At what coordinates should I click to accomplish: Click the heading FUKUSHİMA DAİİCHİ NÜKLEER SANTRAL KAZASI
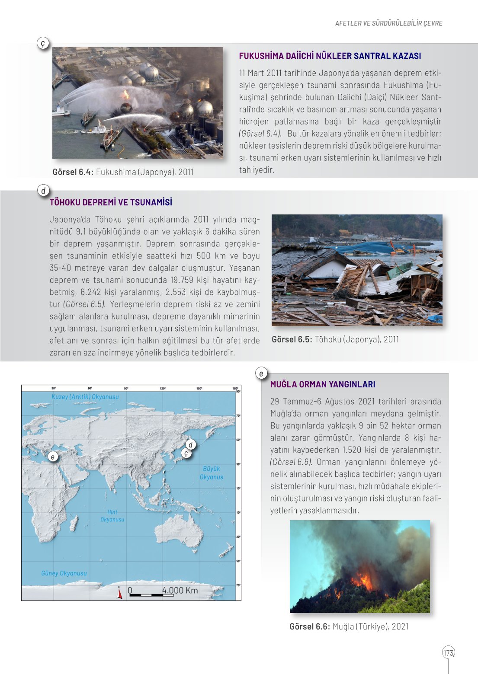click(330, 56)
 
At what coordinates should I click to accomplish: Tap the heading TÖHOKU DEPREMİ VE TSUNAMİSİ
click(111, 202)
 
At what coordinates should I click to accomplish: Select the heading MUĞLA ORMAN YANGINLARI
click(323, 384)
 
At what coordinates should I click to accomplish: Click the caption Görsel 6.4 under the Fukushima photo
click(123, 172)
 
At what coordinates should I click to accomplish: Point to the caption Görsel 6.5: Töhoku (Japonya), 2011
click(335, 339)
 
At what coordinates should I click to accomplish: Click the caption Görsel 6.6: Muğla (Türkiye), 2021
click(349, 626)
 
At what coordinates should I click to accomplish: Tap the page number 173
click(448, 652)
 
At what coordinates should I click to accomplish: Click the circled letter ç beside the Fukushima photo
click(43, 43)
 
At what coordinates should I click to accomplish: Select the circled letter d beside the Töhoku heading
click(43, 191)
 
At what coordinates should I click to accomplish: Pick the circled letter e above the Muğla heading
click(261, 373)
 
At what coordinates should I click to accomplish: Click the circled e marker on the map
click(53, 457)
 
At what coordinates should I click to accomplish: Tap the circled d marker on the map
click(190, 444)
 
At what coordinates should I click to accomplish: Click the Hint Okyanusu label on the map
click(112, 516)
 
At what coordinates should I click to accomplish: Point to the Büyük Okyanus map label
click(211, 473)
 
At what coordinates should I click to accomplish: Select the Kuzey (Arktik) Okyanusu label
click(85, 397)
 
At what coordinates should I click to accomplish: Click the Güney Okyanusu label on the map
click(64, 573)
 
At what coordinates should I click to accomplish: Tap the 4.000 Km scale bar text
click(180, 590)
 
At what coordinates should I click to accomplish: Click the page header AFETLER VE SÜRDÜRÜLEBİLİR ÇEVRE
click(388, 23)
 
